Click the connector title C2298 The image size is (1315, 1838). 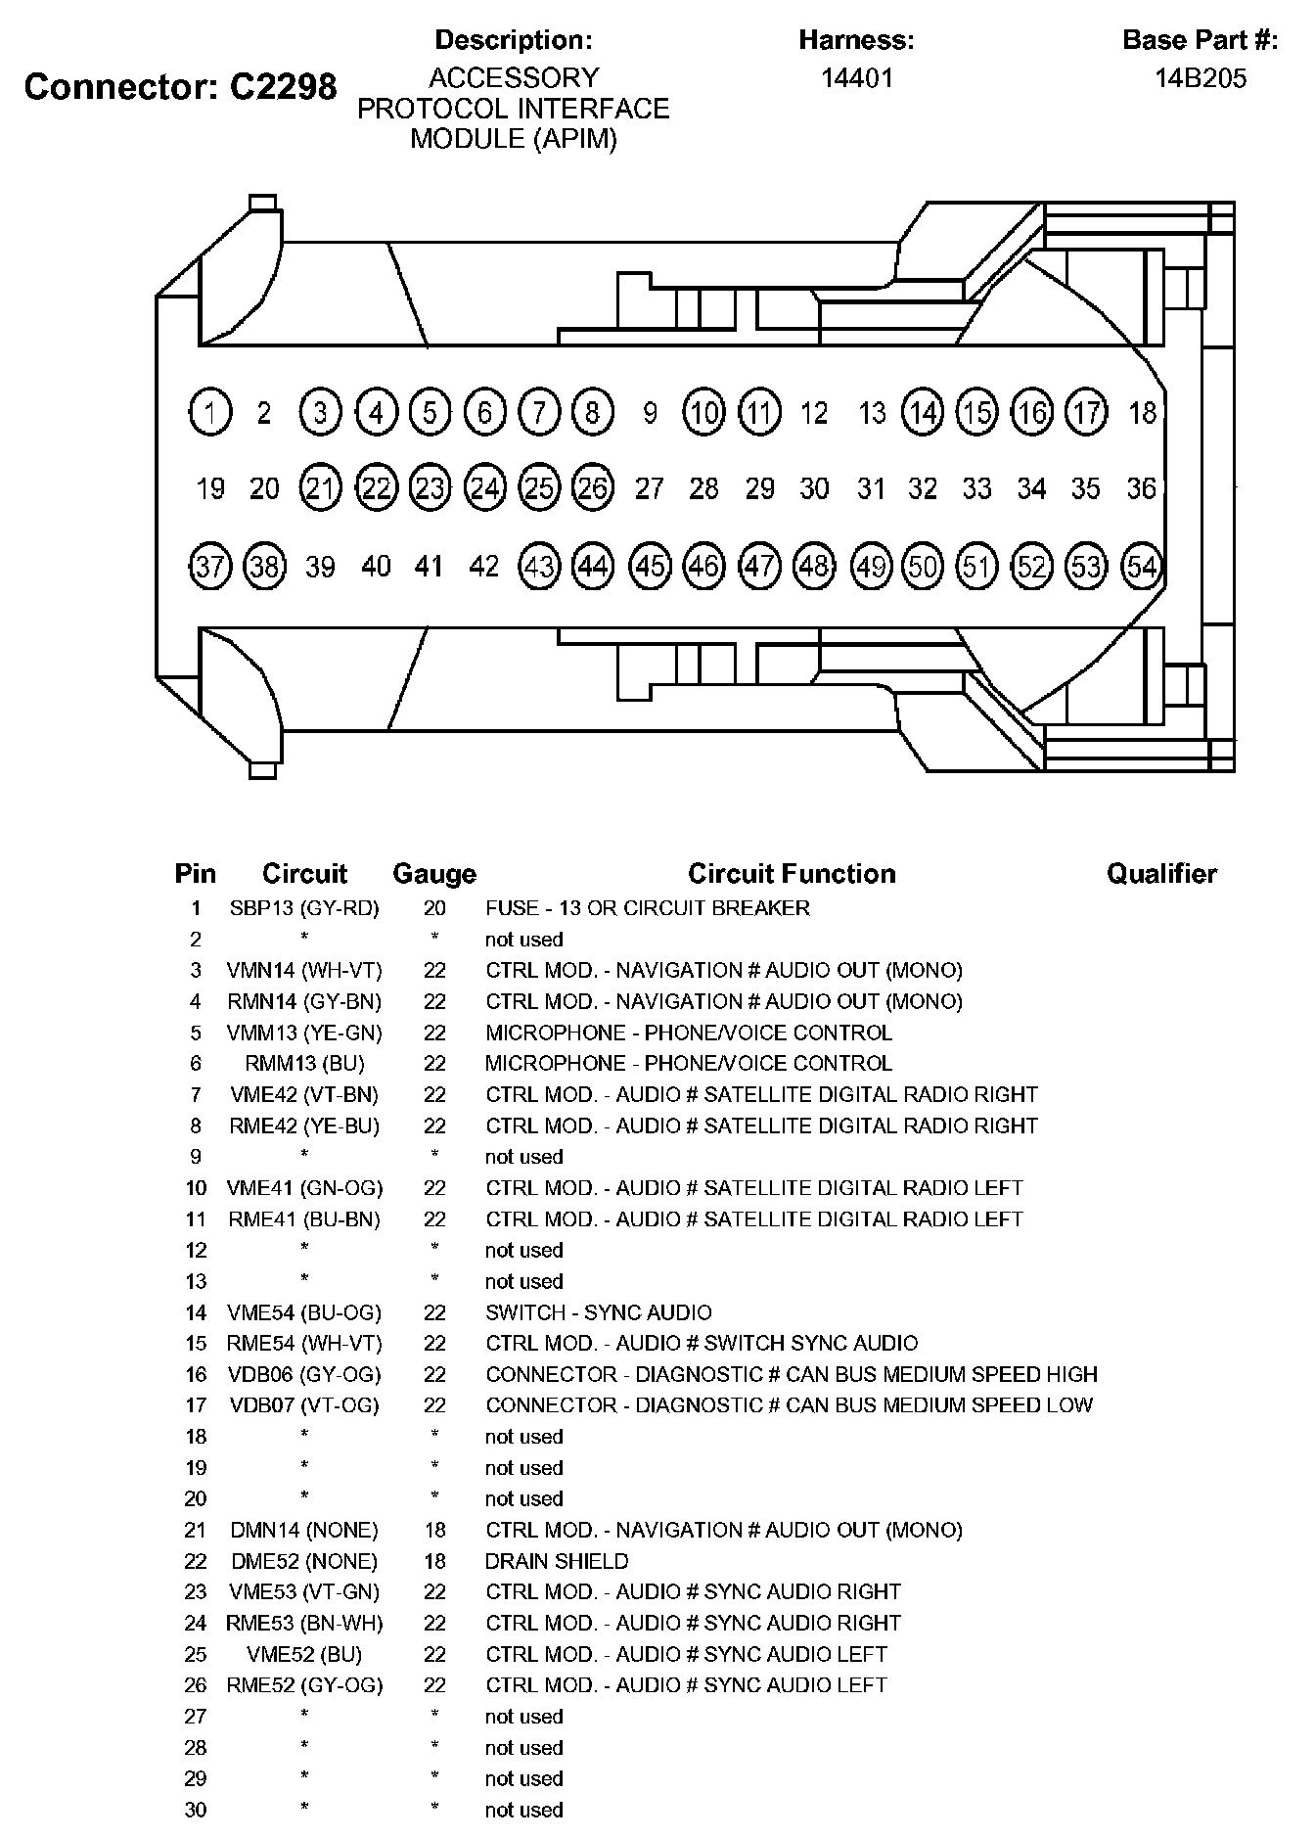(x=180, y=87)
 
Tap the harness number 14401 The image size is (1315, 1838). (x=857, y=78)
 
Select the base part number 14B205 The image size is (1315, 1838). (x=1201, y=78)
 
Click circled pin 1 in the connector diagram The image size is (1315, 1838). (x=210, y=412)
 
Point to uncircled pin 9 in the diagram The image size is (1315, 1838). (x=649, y=413)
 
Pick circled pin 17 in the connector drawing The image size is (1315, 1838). (x=1086, y=412)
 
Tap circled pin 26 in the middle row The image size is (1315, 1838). (x=593, y=487)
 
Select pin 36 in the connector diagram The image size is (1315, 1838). (x=1141, y=487)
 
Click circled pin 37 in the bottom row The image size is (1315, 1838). (x=210, y=566)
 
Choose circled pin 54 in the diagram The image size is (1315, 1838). (x=1142, y=566)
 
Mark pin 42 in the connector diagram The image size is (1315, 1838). (x=484, y=566)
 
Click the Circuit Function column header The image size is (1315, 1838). (x=792, y=873)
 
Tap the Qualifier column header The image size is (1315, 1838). (x=1161, y=873)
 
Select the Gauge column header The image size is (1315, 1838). (x=434, y=873)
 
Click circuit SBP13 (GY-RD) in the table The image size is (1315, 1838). (x=304, y=908)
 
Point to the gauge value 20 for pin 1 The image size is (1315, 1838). (x=434, y=908)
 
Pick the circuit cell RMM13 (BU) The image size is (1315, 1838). (x=304, y=1063)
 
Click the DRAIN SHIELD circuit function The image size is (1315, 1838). (x=557, y=1561)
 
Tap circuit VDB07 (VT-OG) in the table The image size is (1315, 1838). (x=304, y=1405)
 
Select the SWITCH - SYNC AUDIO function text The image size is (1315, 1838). (x=599, y=1312)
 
